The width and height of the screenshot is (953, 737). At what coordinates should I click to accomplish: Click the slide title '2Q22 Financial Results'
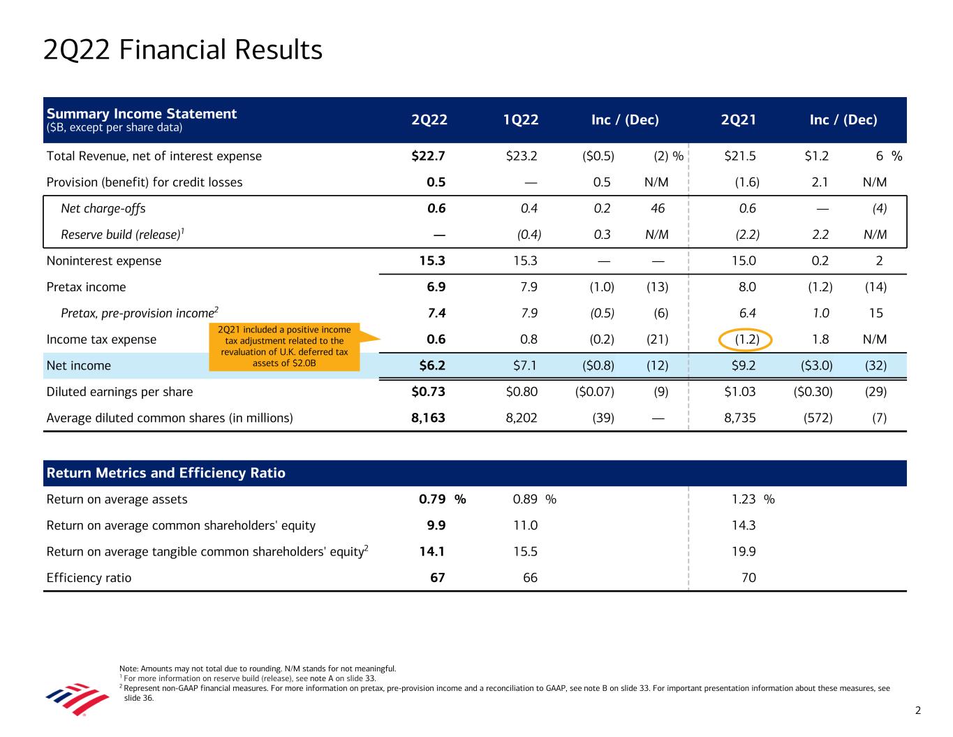coord(183,50)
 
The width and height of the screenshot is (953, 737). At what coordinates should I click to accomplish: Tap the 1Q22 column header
coord(521,120)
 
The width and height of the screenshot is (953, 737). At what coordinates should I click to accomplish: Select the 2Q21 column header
coord(739,120)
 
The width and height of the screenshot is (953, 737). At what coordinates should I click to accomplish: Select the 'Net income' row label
coord(78,365)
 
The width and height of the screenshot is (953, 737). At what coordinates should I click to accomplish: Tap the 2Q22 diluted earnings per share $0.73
coord(428,392)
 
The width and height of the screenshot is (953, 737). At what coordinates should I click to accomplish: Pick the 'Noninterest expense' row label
coord(103,261)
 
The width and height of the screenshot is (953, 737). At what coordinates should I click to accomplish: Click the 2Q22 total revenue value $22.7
coord(429,156)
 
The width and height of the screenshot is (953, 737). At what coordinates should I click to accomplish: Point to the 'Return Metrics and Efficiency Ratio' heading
coord(165,474)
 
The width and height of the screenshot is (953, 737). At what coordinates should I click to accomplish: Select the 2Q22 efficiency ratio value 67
coord(436,578)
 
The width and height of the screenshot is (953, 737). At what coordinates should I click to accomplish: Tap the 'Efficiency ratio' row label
coord(89,578)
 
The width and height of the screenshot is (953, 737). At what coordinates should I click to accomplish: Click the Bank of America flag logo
coord(77,699)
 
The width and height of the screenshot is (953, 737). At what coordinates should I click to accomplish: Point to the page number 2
coord(918,711)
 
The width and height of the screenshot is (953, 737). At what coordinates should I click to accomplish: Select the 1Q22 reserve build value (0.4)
coord(529,235)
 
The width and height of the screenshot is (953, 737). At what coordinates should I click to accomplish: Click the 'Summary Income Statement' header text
coord(142,114)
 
